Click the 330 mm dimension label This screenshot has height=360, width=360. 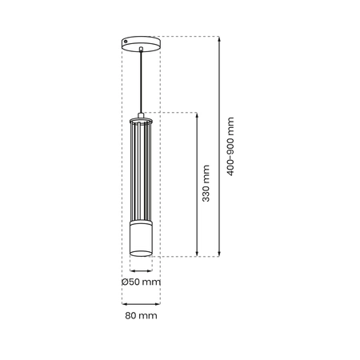coord(206,183)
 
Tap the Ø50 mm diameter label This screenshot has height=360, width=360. coord(141,282)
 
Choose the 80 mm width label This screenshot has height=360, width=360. coord(141,316)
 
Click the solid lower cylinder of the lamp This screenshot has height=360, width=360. coord(141,240)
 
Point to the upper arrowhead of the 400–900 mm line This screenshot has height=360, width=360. coord(218,38)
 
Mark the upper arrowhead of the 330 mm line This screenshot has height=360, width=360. coord(196,115)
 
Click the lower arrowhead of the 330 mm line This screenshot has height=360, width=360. coord(196,254)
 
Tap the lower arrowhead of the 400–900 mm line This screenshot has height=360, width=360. coord(218,254)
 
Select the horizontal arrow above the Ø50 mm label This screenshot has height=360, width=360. coord(141,270)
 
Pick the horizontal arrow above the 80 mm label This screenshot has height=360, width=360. coord(141,303)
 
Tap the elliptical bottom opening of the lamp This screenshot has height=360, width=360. coord(141,255)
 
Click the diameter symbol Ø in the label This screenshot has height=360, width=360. coord(126,282)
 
